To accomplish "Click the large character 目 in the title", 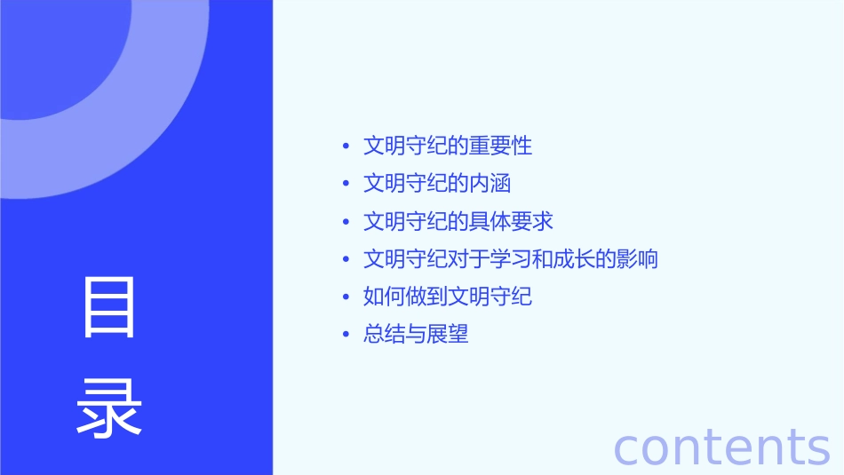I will click(109, 307).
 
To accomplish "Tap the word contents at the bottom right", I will click(721, 447).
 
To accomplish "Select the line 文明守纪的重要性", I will click(448, 146).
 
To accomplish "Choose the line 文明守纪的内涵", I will click(437, 184).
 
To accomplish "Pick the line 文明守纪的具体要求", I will click(458, 221).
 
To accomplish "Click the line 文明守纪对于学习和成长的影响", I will click(511, 259).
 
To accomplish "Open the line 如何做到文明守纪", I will click(448, 297).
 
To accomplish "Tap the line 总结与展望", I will click(416, 335).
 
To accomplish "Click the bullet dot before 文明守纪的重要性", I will click(346, 146).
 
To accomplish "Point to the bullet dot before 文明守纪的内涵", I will click(346, 184).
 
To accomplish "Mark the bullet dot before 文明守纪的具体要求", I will click(346, 222).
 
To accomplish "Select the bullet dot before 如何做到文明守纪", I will click(346, 297).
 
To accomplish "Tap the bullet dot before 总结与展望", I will click(346, 335).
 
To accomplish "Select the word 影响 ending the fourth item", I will click(637, 259).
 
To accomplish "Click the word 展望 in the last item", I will click(448, 335).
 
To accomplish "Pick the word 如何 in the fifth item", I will click(384, 297).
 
